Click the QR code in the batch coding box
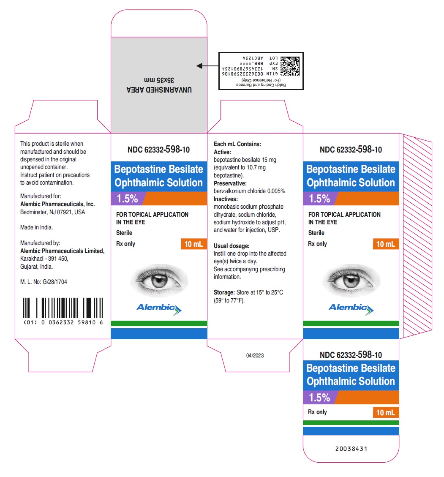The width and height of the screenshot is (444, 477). tap(289, 66)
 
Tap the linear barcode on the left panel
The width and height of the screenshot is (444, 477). tap(63, 308)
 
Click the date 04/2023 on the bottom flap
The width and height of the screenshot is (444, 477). tap(255, 355)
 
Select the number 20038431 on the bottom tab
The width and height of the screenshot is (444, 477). tap(351, 449)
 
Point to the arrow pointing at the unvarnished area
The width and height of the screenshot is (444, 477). tap(207, 66)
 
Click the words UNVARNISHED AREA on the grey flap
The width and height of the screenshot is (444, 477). tap(159, 90)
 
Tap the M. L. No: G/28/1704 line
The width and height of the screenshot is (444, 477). tap(44, 282)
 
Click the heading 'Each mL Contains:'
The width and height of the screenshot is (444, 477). tap(237, 144)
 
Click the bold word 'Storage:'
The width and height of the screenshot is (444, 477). tap(224, 293)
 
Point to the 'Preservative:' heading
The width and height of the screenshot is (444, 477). tap(230, 183)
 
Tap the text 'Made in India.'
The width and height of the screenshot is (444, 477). tap(36, 227)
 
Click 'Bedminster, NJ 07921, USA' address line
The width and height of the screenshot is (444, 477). tap(53, 212)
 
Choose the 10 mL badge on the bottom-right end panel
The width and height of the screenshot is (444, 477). tap(386, 412)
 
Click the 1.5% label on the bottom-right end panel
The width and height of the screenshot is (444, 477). tap(320, 398)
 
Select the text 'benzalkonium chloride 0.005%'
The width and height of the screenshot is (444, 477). tap(249, 191)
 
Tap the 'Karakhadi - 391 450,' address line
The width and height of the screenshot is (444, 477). tap(44, 259)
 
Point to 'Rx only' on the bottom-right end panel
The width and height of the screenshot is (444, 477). tap(318, 412)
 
